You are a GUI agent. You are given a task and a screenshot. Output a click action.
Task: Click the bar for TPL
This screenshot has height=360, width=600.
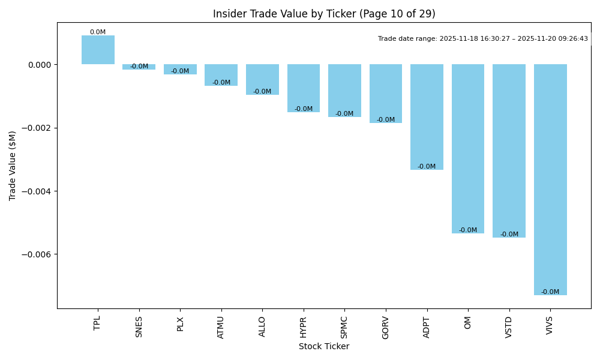tap(98, 50)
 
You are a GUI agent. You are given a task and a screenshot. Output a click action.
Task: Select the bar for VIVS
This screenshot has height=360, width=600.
tap(550, 179)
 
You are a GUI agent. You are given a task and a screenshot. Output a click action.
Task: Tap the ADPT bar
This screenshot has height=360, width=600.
tap(427, 117)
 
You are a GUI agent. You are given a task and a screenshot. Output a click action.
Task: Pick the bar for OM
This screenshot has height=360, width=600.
tap(468, 149)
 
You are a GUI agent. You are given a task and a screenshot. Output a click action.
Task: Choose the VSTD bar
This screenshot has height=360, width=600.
tap(509, 151)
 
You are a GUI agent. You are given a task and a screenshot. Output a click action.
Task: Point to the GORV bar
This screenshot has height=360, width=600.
tap(386, 94)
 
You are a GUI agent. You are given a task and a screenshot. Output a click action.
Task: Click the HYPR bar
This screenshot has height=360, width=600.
tap(304, 88)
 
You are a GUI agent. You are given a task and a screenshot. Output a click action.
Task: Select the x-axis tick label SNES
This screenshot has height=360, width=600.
tap(139, 326)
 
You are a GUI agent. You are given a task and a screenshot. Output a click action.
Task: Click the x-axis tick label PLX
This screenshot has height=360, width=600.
tap(180, 324)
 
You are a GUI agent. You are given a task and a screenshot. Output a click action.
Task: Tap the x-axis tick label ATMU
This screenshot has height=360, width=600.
tap(221, 327)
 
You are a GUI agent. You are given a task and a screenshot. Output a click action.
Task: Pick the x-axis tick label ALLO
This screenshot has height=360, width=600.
tap(262, 326)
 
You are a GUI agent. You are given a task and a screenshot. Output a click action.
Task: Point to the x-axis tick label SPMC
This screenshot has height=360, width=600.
tap(344, 327)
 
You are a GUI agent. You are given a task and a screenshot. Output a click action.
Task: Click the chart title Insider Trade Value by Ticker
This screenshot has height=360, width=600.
tap(324, 14)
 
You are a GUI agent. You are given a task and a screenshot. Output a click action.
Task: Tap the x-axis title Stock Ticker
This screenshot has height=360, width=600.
tap(324, 346)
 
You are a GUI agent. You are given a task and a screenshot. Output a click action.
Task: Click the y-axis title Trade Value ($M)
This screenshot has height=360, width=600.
tap(13, 166)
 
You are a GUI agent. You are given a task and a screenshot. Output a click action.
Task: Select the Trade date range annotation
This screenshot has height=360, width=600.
tap(483, 39)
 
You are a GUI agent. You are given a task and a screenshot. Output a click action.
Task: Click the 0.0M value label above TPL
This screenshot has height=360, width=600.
tap(98, 32)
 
